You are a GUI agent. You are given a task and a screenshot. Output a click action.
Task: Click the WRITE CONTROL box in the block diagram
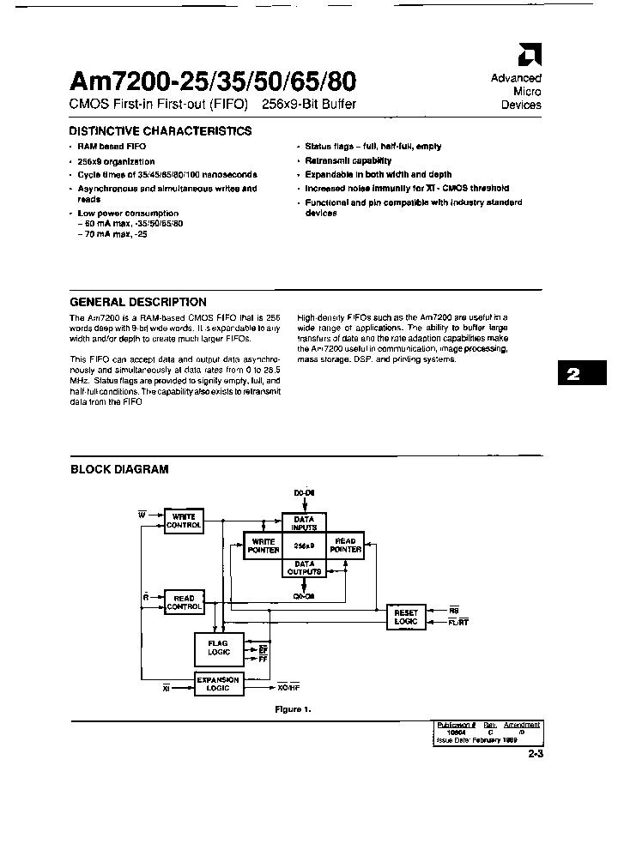click(184, 520)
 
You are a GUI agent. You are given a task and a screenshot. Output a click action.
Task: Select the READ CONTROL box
click(184, 602)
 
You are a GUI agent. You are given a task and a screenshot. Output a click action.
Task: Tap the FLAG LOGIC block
click(219, 647)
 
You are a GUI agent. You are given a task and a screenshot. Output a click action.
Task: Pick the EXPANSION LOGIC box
click(219, 684)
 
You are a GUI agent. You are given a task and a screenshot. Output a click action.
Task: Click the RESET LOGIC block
click(405, 617)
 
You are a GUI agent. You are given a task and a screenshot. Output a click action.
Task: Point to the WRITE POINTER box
click(263, 546)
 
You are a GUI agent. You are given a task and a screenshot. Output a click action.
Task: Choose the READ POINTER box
click(345, 546)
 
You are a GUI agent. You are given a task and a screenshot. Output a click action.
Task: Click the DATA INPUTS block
click(304, 524)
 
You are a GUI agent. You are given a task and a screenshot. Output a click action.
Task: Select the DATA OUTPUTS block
click(304, 567)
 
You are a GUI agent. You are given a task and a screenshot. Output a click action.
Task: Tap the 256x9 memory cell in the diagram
click(304, 546)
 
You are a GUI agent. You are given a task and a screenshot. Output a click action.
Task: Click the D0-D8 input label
click(305, 493)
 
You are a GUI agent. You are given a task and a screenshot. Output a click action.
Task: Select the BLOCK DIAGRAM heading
click(118, 469)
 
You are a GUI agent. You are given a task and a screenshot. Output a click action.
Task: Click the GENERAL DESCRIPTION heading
click(137, 302)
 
